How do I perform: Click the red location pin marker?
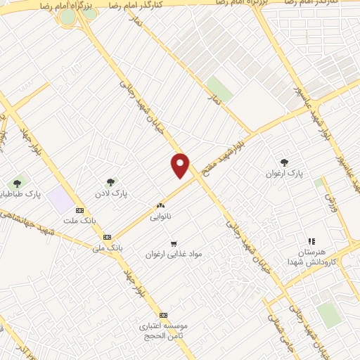181,165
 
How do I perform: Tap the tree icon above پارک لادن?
110,182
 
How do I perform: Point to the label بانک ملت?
78,221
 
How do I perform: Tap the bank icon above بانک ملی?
106,237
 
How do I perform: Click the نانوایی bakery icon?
160,206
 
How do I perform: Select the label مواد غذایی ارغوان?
173,253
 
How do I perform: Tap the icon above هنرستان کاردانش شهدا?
311,241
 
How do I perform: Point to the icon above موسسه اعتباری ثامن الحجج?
163,315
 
